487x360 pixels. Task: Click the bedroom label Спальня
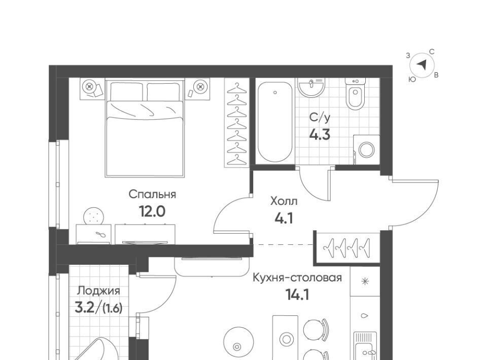point(152,195)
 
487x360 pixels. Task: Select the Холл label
point(284,201)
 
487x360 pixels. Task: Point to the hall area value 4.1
point(284,219)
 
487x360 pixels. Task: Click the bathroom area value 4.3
point(320,135)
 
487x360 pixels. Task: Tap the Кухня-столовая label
point(297,277)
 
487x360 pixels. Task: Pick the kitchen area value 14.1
point(297,295)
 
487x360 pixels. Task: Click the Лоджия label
point(99,291)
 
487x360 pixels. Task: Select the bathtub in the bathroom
point(275,122)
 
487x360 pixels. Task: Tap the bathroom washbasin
point(311,87)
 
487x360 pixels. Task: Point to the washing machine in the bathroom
point(366,150)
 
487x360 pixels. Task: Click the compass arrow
point(422,65)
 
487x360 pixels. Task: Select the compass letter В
point(436,75)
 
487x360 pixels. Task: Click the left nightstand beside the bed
point(92,89)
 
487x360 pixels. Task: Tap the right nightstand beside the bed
point(197,89)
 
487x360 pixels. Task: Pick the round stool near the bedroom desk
point(93,215)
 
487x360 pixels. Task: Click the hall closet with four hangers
point(347,248)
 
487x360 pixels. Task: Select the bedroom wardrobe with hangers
point(237,123)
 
